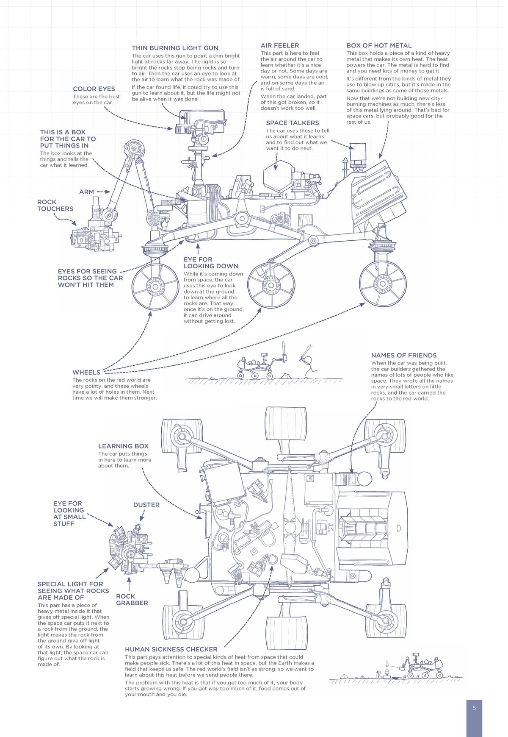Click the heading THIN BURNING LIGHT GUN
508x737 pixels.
[x=175, y=48]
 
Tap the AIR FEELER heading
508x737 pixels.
[x=279, y=45]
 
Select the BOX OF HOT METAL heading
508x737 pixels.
[x=378, y=45]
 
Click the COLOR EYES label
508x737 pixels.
[x=94, y=89]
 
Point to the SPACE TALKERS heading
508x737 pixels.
[x=292, y=123]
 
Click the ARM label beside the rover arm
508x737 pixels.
[x=86, y=192]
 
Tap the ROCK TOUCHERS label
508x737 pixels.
[x=55, y=206]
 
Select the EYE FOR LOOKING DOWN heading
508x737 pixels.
[x=210, y=263]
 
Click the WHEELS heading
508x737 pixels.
[x=86, y=372]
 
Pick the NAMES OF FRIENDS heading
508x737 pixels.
[x=403, y=355]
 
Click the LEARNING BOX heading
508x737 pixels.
[x=123, y=446]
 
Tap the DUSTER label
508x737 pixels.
[x=146, y=505]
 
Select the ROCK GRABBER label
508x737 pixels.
[x=132, y=599]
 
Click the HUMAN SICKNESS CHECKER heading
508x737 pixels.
[x=171, y=649]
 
